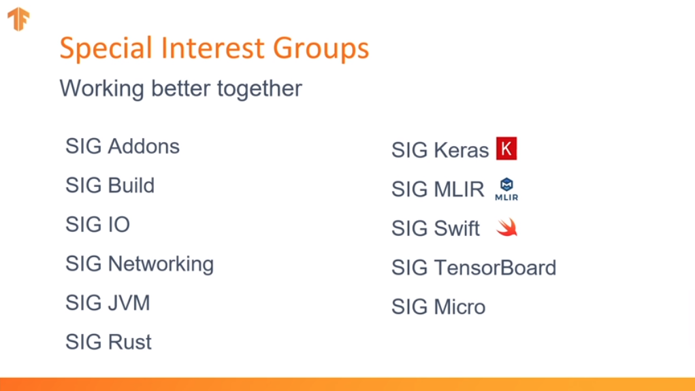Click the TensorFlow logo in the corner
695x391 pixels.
point(18,20)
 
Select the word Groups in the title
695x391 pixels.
point(321,48)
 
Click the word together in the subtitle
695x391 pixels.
point(260,89)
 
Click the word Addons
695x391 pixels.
point(144,147)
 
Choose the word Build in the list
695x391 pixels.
point(131,186)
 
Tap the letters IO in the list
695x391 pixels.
point(119,224)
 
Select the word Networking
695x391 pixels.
point(161,265)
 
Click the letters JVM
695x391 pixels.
point(129,303)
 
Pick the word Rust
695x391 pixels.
point(130,342)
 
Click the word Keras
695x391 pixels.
point(462,150)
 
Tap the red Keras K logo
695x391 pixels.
point(506,148)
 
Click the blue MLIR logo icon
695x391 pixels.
point(506,189)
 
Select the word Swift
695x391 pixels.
point(457,228)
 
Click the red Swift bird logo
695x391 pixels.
point(507,228)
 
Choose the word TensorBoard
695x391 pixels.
point(496,268)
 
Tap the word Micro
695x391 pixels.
point(460,307)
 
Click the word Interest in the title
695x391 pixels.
point(213,48)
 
